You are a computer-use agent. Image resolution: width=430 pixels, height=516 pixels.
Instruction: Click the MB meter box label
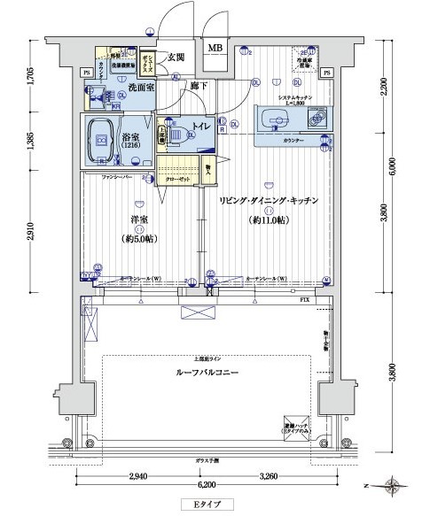215,48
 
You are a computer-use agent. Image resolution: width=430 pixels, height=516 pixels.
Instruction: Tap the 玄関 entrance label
175,58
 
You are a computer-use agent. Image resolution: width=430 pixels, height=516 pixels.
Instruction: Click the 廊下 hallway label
198,86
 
